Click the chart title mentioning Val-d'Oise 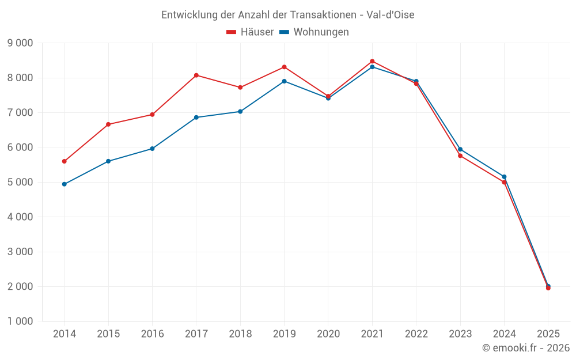(287, 15)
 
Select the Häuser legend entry (250, 32)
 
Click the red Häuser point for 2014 (65, 161)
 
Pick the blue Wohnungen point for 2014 (65, 184)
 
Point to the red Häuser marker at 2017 (196, 75)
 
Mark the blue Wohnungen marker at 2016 (152, 149)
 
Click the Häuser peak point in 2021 (372, 61)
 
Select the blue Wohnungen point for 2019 (284, 81)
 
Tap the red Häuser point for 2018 (240, 88)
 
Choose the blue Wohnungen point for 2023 (460, 149)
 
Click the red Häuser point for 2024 (504, 182)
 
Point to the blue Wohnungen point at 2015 (108, 161)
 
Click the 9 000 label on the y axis (20, 43)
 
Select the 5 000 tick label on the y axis (20, 182)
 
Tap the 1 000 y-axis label (20, 321)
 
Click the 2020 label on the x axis (328, 334)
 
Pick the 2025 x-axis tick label (548, 334)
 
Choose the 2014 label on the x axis (65, 334)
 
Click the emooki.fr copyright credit (525, 348)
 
